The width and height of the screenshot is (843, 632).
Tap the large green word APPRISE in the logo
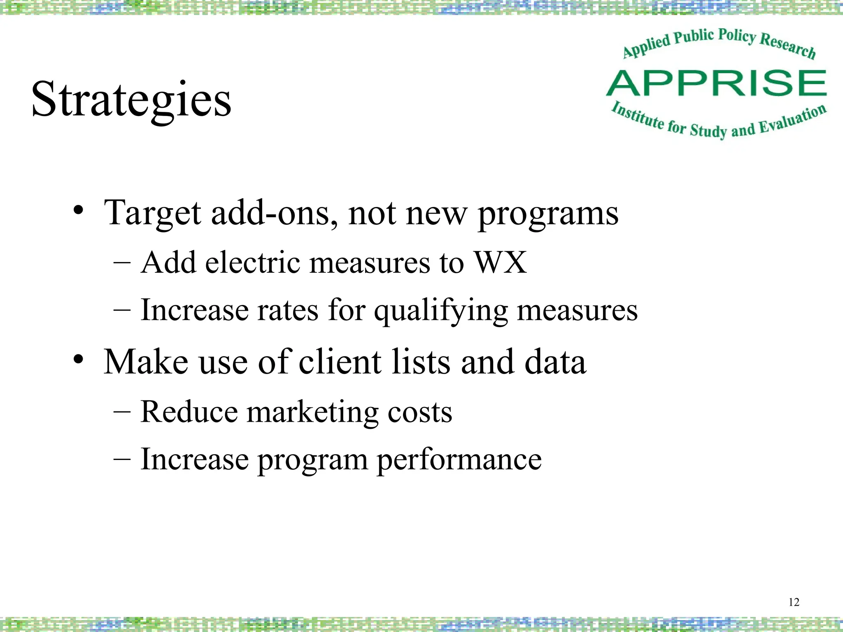[716, 83]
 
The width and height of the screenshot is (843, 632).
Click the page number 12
[794, 602]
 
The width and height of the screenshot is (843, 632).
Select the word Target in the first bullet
[152, 213]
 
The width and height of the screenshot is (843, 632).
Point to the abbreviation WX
[500, 262]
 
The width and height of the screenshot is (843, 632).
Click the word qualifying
[440, 311]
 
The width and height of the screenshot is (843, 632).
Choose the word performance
[459, 460]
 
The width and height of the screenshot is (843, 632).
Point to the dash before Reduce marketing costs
[122, 411]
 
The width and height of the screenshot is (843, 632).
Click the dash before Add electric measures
[122, 263]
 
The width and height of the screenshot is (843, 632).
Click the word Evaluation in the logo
[792, 119]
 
